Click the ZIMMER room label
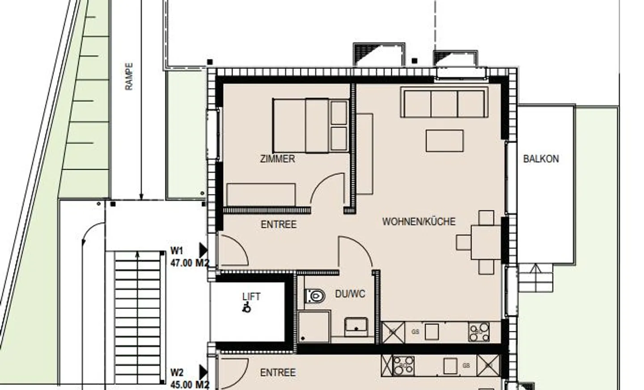277,159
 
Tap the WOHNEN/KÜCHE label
419,221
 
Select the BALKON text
541,159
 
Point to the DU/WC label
350,294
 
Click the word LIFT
251,296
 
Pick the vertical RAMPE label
129,76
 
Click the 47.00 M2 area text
190,263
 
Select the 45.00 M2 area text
190,385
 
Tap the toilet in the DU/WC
315,296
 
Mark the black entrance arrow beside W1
203,250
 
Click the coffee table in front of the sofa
445,141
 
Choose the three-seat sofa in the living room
445,103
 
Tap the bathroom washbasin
356,326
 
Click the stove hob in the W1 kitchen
479,332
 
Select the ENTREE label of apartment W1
279,224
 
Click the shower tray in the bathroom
314,327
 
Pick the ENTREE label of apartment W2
278,373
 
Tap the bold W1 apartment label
177,250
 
